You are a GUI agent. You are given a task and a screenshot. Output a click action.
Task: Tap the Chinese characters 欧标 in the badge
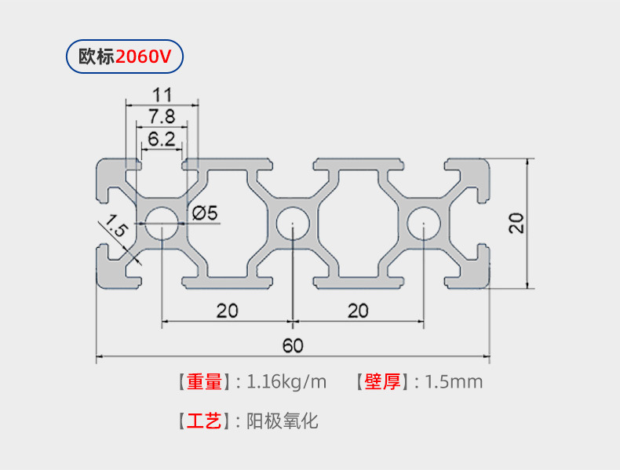[97, 56]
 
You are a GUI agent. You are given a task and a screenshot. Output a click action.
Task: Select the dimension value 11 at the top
[162, 95]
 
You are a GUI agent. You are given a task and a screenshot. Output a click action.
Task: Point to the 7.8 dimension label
[162, 117]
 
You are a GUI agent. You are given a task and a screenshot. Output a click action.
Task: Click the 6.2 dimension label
[161, 139]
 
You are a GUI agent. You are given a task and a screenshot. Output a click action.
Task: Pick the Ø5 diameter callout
[204, 212]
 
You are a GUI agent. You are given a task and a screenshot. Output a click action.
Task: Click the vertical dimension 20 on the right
[516, 223]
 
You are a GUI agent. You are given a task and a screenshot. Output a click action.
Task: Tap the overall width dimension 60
[293, 346]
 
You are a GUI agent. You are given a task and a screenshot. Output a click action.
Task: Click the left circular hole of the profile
[161, 222]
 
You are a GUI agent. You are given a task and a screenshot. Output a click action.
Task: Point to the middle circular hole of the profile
[292, 222]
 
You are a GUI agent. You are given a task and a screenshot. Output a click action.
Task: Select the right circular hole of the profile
[422, 222]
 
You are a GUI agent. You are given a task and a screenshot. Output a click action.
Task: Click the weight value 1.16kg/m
[286, 382]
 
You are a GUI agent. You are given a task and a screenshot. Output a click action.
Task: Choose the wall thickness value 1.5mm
[454, 382]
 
